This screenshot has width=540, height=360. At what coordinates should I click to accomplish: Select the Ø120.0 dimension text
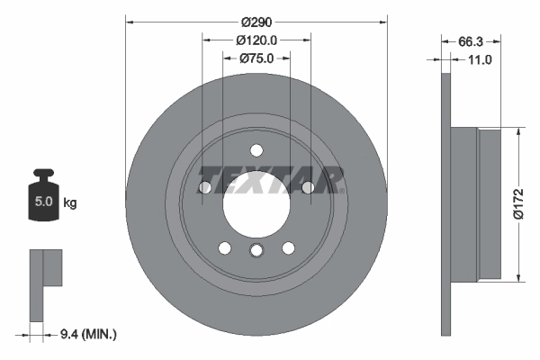click(x=256, y=40)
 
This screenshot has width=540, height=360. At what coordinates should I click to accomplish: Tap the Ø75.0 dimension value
click(x=256, y=59)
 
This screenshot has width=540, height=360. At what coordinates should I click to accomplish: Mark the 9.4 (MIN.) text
click(x=88, y=335)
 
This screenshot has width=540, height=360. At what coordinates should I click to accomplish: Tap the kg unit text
click(x=70, y=203)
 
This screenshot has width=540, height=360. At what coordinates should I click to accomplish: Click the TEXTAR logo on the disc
click(x=271, y=179)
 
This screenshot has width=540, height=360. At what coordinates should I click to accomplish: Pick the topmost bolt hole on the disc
click(x=256, y=150)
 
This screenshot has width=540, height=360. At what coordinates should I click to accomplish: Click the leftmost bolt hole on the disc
click(x=204, y=187)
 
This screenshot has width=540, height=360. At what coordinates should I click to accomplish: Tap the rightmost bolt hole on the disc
click(x=308, y=187)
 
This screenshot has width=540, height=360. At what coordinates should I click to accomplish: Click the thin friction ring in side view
click(x=445, y=202)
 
